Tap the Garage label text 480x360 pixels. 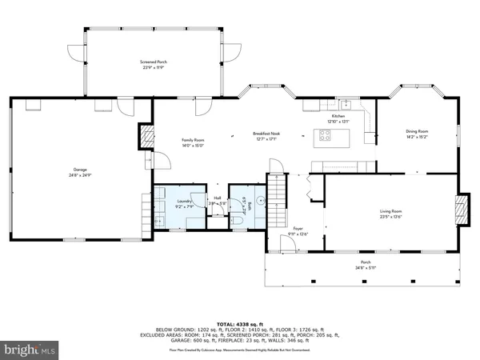pos(81,170)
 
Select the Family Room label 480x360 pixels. pos(193,140)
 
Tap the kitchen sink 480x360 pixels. pos(346,104)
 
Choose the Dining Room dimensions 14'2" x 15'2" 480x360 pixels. pos(417,137)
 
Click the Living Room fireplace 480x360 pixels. pos(459,210)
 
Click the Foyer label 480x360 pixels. pos(297,228)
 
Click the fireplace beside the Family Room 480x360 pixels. pos(146,136)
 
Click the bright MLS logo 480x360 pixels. pos(30,350)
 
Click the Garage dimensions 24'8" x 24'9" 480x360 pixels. pos(81,175)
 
